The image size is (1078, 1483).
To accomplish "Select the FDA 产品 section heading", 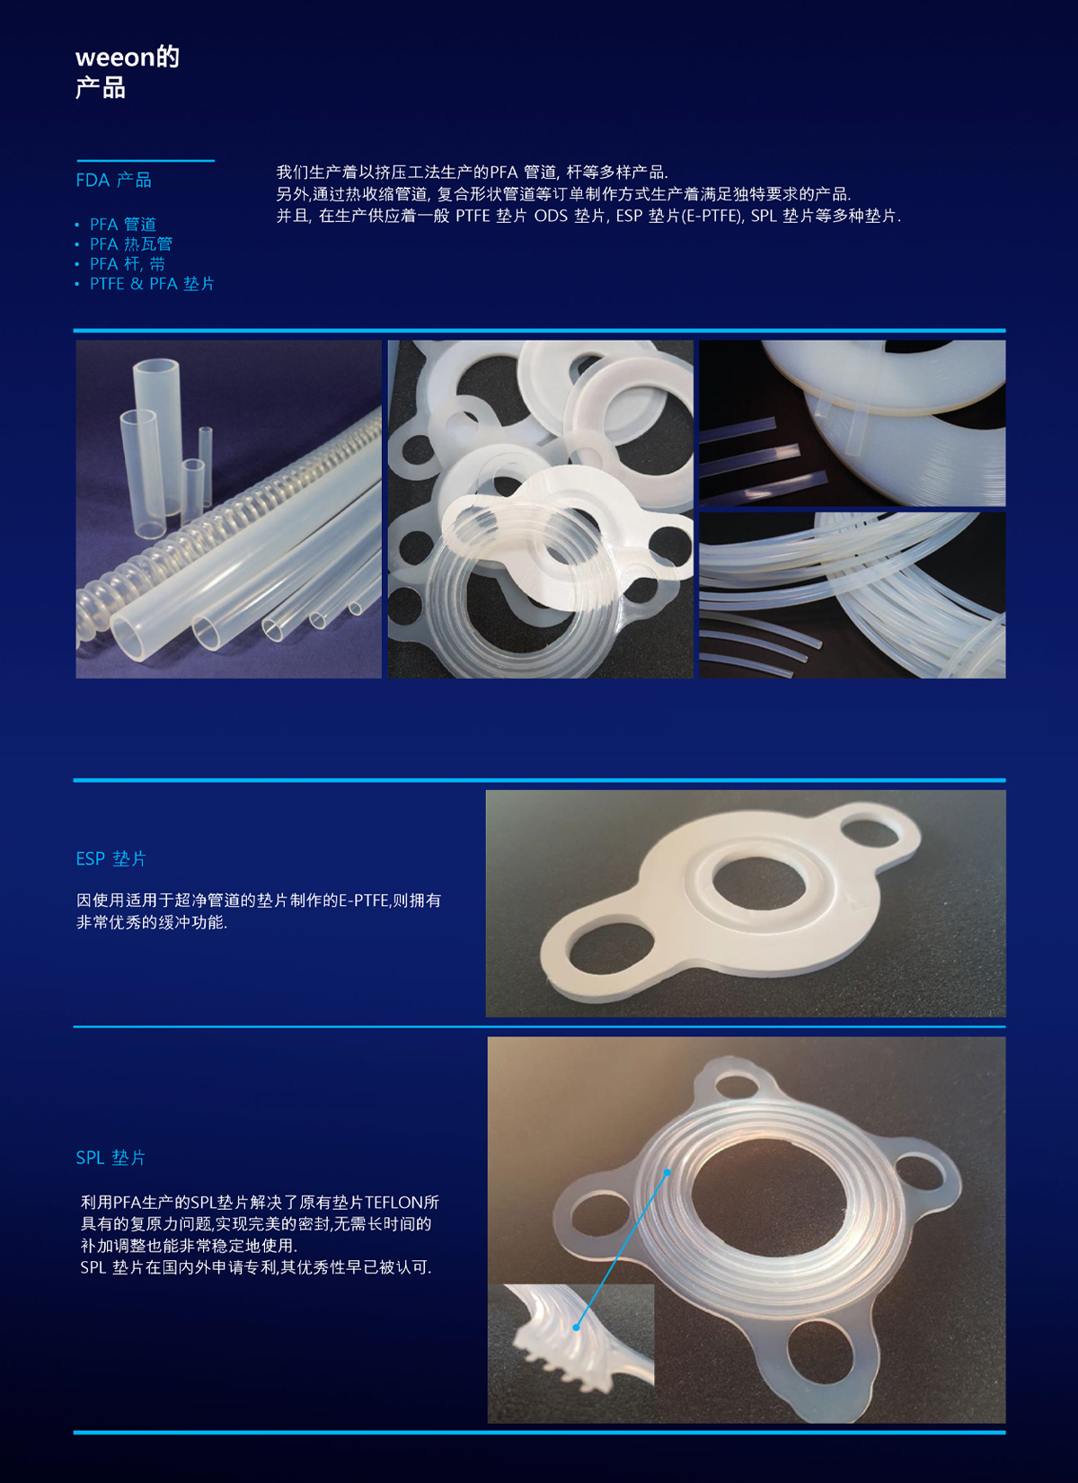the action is tap(114, 180).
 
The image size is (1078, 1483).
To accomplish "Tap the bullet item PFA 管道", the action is tap(123, 225).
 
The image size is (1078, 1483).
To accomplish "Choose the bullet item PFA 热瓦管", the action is tap(131, 244).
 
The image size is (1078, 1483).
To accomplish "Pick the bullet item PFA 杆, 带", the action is tap(128, 264).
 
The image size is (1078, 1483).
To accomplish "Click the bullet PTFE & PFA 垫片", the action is tap(152, 284).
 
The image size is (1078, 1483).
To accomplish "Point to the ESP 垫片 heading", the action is tap(111, 858).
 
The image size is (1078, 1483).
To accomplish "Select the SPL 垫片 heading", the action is tap(110, 1158).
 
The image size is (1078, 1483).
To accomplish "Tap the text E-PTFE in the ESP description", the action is tap(364, 901).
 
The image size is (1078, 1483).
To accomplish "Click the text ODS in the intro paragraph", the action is tap(551, 217).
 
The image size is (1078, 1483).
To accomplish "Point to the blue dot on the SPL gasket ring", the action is tap(667, 1173).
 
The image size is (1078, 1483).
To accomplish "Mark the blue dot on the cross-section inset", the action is tap(577, 1328).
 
